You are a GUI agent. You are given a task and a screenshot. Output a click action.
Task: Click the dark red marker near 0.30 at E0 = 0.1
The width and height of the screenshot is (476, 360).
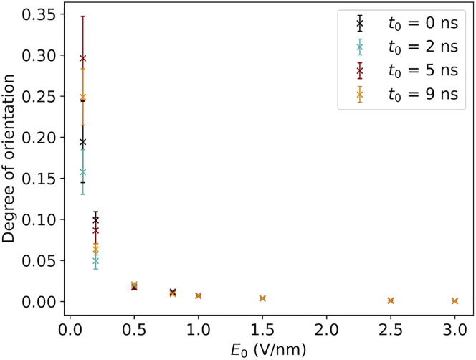[x=83, y=58]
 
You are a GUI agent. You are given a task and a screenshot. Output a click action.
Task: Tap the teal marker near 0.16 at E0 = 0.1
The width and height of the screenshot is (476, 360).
[x=83, y=172]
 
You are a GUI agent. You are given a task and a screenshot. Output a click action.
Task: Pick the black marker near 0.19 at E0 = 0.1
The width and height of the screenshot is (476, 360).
[x=83, y=142]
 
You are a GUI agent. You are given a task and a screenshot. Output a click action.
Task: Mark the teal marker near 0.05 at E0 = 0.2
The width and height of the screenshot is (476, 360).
[x=96, y=261]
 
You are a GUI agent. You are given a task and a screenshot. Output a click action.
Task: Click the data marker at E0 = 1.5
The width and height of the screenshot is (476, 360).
[x=262, y=298]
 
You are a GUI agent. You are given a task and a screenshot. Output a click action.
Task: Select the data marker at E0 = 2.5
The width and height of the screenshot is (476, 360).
[x=391, y=300]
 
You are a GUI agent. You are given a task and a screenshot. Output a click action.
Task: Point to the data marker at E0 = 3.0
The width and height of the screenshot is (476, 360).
[x=454, y=300]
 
